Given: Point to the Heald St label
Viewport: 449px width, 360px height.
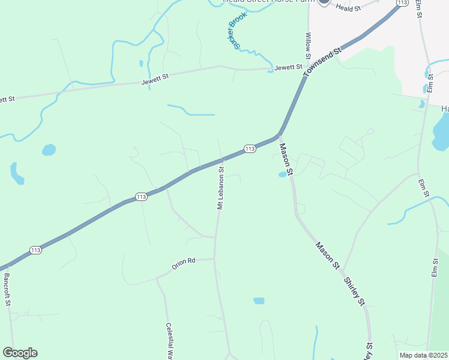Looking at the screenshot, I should pyautogui.click(x=348, y=8).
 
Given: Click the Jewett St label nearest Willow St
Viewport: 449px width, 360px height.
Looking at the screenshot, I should pyautogui.click(x=288, y=68).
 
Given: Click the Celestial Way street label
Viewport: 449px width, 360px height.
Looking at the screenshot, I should pyautogui.click(x=170, y=341).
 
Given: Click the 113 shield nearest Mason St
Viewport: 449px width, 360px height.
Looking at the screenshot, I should pyautogui.click(x=250, y=148).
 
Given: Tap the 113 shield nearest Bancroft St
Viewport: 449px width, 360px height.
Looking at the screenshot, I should pyautogui.click(x=35, y=250).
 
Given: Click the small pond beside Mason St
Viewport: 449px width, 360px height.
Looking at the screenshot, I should pyautogui.click(x=282, y=175).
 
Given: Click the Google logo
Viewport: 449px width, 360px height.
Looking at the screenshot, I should pyautogui.click(x=20, y=353).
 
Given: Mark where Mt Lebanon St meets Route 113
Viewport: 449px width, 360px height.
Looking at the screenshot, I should pyautogui.click(x=221, y=160).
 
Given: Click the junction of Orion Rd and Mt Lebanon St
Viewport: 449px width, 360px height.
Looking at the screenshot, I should pyautogui.click(x=214, y=259).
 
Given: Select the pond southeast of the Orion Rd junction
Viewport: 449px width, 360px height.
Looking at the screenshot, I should pyautogui.click(x=259, y=301).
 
